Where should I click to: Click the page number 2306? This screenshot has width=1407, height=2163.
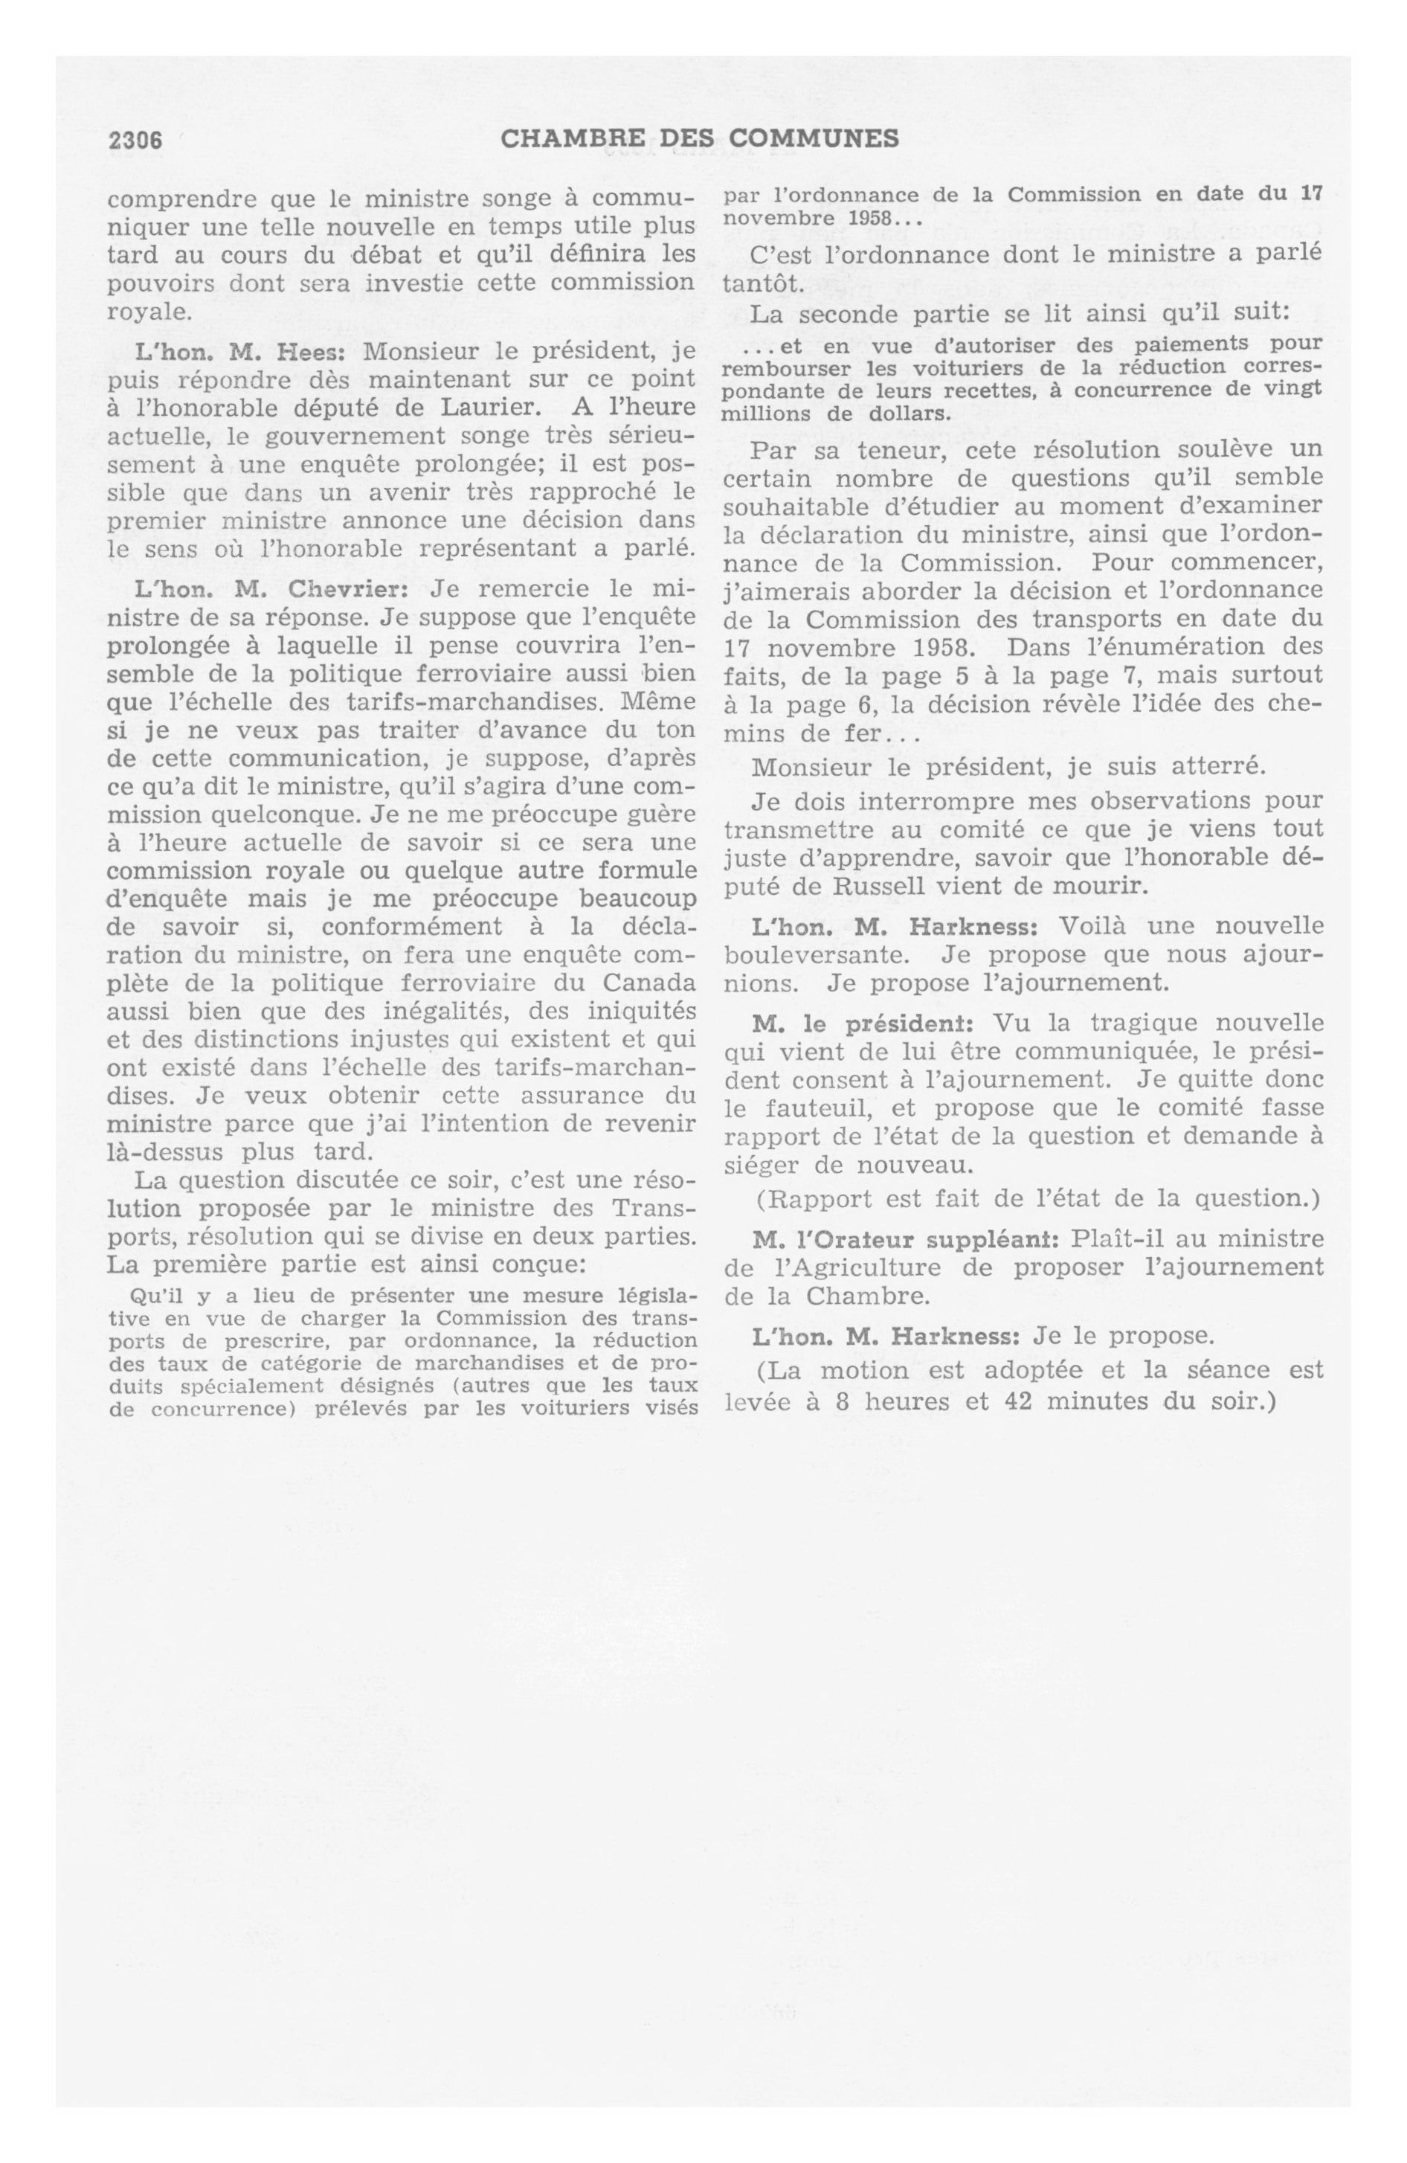click(135, 140)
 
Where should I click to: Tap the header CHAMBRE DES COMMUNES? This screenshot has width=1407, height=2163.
click(700, 138)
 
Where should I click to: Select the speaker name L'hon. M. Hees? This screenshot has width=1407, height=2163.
click(234, 352)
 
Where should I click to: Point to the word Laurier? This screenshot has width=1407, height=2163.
click(495, 407)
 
